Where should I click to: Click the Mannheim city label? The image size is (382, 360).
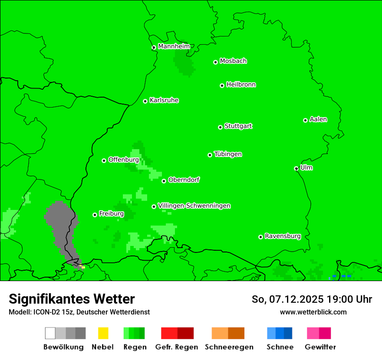[174, 46]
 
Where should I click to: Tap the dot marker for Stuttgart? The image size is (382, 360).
[220, 127]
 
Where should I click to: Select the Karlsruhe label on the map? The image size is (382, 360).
[164, 100]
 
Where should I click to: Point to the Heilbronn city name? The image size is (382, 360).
[241, 85]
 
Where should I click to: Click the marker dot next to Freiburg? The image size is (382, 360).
[95, 215]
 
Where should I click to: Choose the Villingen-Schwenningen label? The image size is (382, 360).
[194, 206]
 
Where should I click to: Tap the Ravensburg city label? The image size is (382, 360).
[283, 236]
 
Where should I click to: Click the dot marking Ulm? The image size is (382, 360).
[296, 168]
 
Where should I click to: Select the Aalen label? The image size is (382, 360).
[318, 119]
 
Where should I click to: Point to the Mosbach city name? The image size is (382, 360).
[233, 61]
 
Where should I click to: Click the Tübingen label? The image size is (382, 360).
[228, 154]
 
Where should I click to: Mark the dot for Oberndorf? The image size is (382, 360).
[164, 181]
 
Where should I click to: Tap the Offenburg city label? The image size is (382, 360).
[123, 160]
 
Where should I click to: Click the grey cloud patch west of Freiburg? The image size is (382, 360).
[61, 226]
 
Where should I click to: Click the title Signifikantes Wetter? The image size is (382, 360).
[72, 299]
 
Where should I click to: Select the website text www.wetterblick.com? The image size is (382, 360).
[313, 312]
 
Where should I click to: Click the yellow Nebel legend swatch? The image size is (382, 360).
[103, 333]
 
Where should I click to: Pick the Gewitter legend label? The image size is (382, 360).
[320, 347]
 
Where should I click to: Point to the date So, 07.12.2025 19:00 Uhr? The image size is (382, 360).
[312, 299]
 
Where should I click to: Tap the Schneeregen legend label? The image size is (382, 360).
[229, 347]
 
